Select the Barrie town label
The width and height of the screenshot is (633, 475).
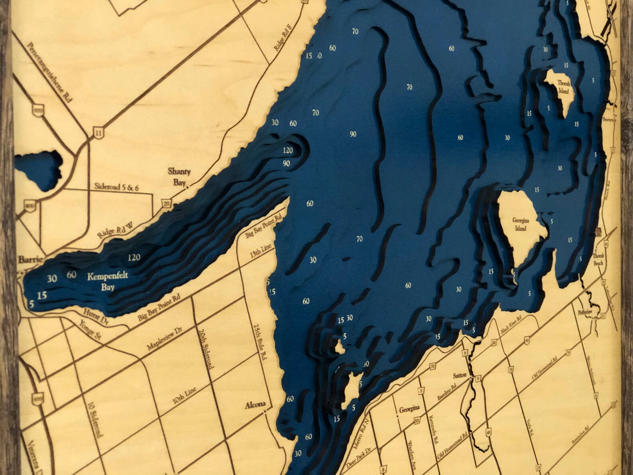(x=29, y=260)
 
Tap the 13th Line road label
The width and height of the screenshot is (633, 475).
(x=261, y=252)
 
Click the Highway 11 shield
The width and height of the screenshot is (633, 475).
(x=97, y=133)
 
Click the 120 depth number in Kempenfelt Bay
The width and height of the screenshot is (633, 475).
(x=134, y=258)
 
